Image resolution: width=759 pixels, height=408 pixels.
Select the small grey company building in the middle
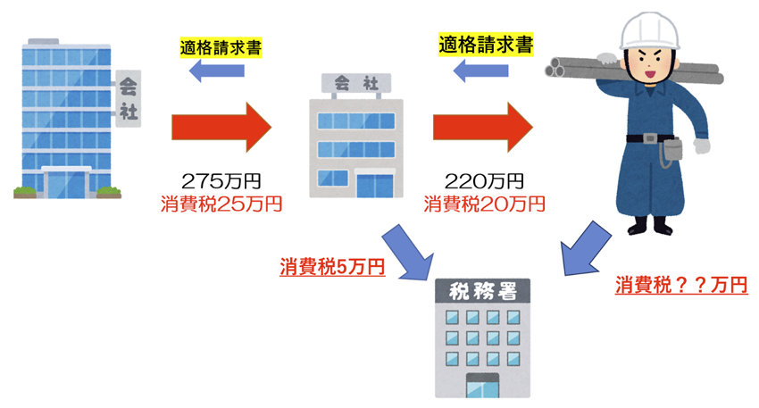pos(354,143)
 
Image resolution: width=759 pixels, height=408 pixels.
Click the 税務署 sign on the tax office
pos(481,291)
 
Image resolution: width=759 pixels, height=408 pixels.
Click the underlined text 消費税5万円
pos(331,266)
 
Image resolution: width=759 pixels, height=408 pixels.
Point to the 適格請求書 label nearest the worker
pos(486,43)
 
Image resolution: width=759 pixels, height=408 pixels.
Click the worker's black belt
pos(657,137)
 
